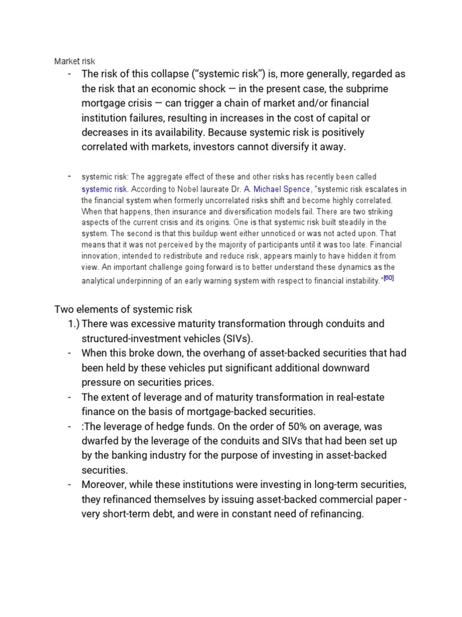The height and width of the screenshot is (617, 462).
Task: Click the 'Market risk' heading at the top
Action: click(x=75, y=61)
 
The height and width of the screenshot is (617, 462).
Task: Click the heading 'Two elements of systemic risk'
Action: click(x=123, y=309)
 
